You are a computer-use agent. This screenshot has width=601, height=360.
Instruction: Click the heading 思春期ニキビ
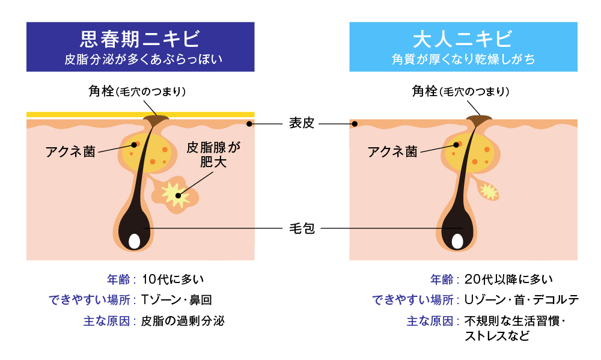(x=140, y=40)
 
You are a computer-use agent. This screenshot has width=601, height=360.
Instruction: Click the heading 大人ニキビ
(x=463, y=40)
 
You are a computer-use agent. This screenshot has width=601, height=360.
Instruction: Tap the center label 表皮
(x=301, y=124)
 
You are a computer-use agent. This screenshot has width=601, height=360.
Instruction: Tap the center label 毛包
(x=301, y=228)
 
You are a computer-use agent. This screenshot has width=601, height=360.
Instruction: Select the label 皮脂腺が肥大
(x=209, y=154)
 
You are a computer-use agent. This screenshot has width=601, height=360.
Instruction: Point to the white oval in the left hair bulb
(x=135, y=241)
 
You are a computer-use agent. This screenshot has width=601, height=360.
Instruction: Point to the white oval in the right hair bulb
(x=457, y=241)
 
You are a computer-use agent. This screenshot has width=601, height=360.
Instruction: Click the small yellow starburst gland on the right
(x=489, y=192)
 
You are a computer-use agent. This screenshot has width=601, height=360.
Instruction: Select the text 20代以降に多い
(x=508, y=279)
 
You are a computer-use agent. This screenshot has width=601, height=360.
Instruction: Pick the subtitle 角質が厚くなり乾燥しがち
(x=463, y=60)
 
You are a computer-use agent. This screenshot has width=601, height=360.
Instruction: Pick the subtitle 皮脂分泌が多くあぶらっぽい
(x=140, y=60)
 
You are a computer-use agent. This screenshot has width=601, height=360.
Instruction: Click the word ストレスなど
(x=496, y=335)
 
